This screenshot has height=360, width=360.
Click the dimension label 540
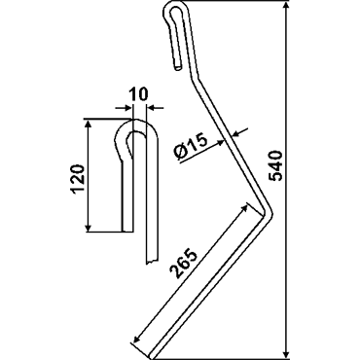point(277,165)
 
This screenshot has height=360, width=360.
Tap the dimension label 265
point(184,264)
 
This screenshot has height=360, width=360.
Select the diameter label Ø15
point(191,148)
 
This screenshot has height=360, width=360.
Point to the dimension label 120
point(78,179)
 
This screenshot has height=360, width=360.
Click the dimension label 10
point(138,94)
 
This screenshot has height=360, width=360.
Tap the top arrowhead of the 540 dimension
point(286,7)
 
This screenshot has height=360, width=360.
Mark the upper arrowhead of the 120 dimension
point(88,125)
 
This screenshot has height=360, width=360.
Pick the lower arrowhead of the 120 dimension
point(88,227)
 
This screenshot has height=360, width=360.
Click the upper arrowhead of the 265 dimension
point(242,208)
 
